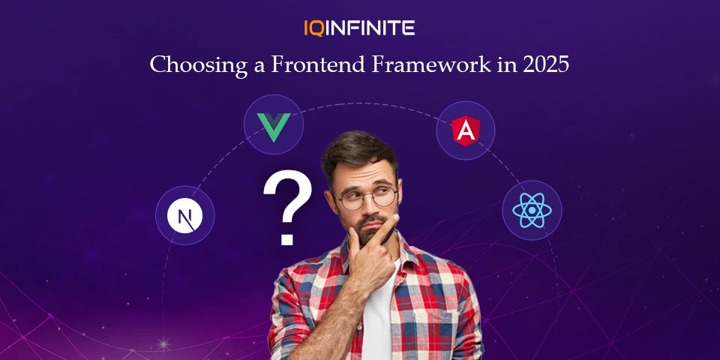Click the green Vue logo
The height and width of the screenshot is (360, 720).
click(x=274, y=127)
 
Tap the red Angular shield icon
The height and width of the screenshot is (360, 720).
click(x=466, y=130)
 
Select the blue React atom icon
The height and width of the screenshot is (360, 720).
click(x=532, y=210)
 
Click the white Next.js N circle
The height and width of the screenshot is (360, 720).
click(x=184, y=216)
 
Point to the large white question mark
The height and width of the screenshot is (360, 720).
click(x=287, y=207)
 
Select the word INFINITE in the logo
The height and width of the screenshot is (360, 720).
click(x=370, y=28)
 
